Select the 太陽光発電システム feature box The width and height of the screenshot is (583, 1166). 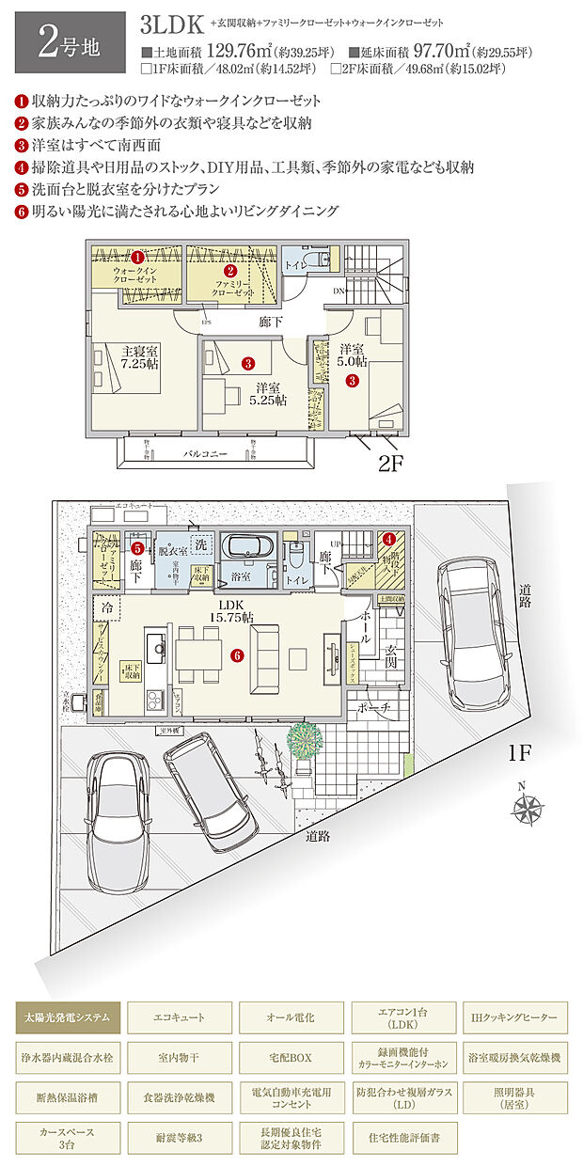click(68, 1017)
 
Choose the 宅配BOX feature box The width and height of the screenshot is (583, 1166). click(291, 1058)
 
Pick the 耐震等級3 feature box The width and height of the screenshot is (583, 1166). click(179, 1137)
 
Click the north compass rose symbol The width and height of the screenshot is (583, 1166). click(528, 807)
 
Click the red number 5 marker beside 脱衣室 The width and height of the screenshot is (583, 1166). click(137, 546)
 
